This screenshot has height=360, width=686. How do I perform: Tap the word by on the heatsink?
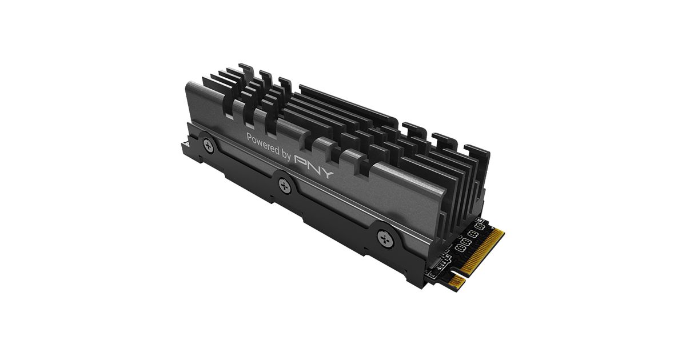[286, 155]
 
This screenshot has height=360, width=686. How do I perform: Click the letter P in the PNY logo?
[301, 161]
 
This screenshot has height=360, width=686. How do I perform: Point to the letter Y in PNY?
[326, 172]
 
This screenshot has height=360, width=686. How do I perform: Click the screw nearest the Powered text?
[209, 146]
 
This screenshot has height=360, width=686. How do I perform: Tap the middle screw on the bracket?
[285, 186]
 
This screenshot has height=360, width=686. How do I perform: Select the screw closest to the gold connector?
[385, 238]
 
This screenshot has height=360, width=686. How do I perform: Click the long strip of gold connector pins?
[482, 252]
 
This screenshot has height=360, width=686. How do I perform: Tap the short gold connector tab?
[457, 282]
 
